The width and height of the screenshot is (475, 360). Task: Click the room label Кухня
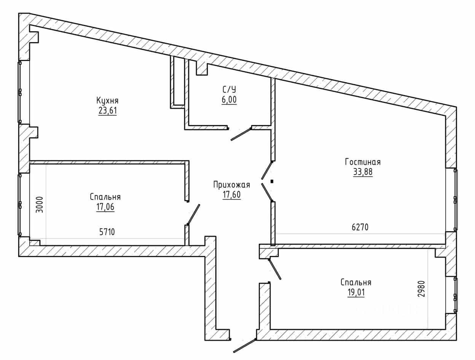[x=107, y=101]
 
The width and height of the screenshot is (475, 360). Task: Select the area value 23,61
[x=108, y=111]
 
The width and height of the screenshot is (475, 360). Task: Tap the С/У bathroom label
[x=229, y=90]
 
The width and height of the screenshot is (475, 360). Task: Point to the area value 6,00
[x=229, y=100]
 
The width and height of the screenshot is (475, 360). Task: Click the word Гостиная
[x=363, y=162]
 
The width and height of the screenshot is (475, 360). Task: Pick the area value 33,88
[x=363, y=172]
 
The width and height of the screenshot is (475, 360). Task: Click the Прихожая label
[x=231, y=185]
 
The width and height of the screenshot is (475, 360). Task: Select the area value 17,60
[x=231, y=195]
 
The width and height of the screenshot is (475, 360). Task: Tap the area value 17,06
[x=105, y=207]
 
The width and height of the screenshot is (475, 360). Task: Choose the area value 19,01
[x=356, y=293]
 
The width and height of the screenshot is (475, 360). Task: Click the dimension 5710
[x=107, y=232]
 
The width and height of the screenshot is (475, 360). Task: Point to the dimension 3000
[x=40, y=205]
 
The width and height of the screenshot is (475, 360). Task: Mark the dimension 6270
[x=360, y=227]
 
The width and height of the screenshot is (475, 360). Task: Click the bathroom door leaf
[x=241, y=134]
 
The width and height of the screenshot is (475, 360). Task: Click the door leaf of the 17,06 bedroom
[x=193, y=214]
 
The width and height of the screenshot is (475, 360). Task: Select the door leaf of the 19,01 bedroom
[x=275, y=269]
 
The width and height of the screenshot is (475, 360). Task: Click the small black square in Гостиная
[x=272, y=181]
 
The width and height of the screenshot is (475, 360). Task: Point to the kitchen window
[x=20, y=92]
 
